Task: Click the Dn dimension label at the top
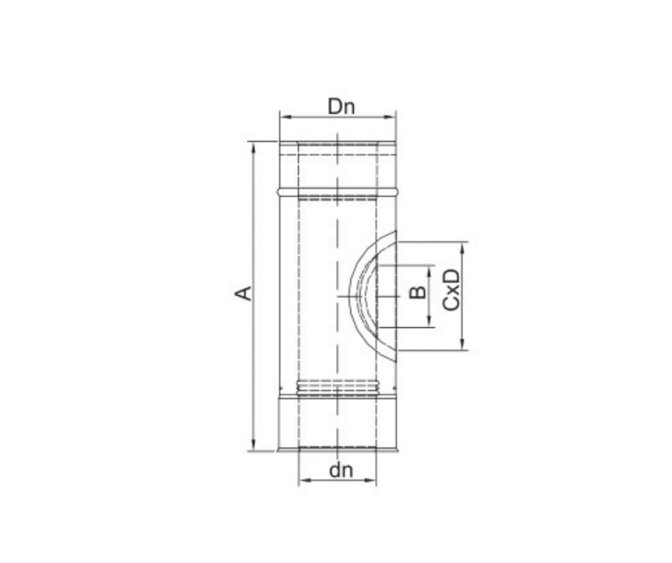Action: coord(341,107)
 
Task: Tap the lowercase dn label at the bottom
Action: coord(341,471)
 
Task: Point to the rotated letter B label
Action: coord(418,292)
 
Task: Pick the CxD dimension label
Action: coord(452,290)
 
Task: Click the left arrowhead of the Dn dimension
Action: coord(285,117)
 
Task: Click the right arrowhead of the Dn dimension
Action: coord(391,117)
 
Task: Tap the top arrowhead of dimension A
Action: coord(254,148)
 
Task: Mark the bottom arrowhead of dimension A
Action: coord(254,445)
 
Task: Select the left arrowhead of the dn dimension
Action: coord(305,481)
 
